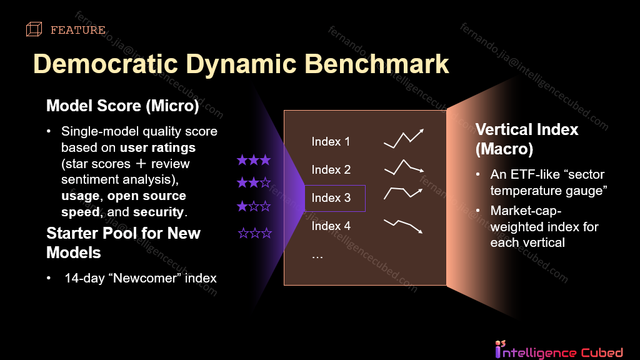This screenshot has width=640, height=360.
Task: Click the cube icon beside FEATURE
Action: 34,29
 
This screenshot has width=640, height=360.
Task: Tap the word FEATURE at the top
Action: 77,30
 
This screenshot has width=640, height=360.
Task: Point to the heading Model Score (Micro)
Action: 122,106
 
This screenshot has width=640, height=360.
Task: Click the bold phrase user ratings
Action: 157,148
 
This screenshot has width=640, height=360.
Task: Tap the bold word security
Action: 159,212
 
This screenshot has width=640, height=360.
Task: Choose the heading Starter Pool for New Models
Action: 123,242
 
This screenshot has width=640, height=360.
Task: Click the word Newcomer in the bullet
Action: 142,278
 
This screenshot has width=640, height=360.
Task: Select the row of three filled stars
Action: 254,161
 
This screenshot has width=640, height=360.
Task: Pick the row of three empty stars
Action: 255,234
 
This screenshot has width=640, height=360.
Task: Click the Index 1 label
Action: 331,142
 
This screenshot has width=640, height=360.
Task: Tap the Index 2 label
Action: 331,170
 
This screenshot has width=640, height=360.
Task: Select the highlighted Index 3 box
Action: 335,198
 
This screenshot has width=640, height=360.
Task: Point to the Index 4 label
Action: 331,226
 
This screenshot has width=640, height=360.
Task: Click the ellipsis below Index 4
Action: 317,255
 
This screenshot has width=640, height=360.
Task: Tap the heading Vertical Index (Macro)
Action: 527,139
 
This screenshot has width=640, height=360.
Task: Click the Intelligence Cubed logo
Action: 558,350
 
